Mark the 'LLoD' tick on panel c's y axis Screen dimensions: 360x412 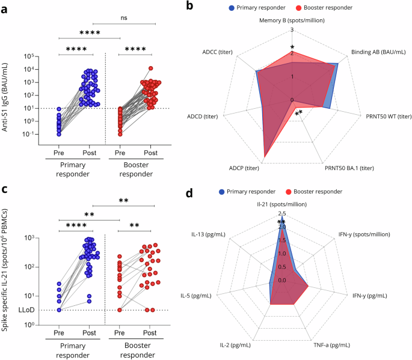[x=25, y=310]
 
